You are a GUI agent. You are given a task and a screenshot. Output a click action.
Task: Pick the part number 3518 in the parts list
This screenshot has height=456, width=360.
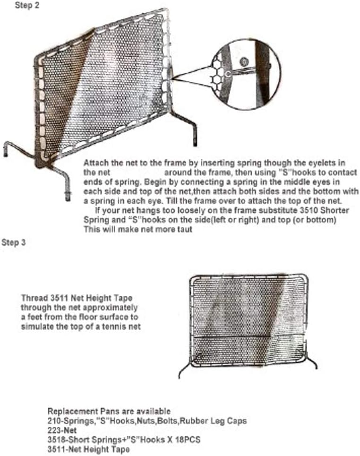(56, 439)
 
